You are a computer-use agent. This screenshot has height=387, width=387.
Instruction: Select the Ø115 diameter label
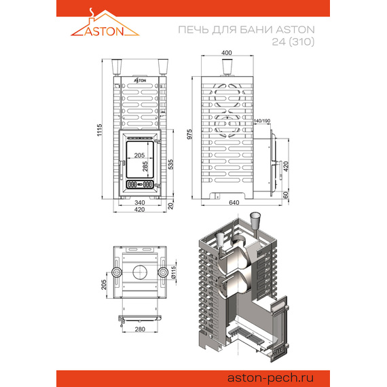click(x=173, y=272)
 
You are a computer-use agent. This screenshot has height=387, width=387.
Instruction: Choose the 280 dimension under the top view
click(x=141, y=329)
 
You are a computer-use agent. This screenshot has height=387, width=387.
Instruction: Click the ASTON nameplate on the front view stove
click(x=141, y=79)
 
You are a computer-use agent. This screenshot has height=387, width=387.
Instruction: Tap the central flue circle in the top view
click(x=141, y=272)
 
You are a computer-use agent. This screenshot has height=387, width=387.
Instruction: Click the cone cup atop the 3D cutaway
click(x=255, y=221)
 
